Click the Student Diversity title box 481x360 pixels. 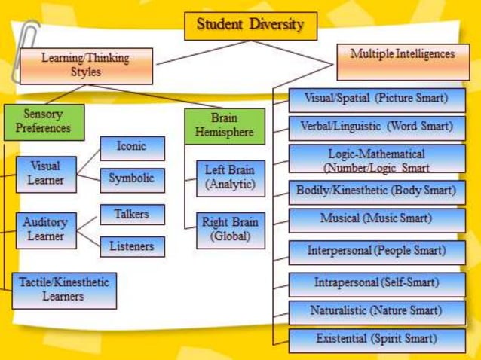(250, 26)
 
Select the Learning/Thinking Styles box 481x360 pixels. (86, 66)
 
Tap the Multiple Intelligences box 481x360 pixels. (403, 61)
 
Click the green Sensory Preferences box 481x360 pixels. (44, 122)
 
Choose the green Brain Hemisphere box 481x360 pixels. (224, 126)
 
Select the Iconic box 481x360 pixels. (132, 148)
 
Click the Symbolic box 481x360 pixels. (132, 179)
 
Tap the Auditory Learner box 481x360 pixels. (45, 230)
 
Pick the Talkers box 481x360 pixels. (132, 215)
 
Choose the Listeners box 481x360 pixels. (132, 246)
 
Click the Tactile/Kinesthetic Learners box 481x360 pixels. (64, 290)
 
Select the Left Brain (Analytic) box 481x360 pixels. (230, 178)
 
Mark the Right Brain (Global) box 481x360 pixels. (230, 230)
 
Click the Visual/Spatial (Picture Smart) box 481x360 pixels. (376, 99)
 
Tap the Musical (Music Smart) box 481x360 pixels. (376, 219)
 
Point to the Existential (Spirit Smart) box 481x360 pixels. (376, 340)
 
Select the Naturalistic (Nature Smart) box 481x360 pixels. (376, 311)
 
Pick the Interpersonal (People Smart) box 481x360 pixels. (376, 251)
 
